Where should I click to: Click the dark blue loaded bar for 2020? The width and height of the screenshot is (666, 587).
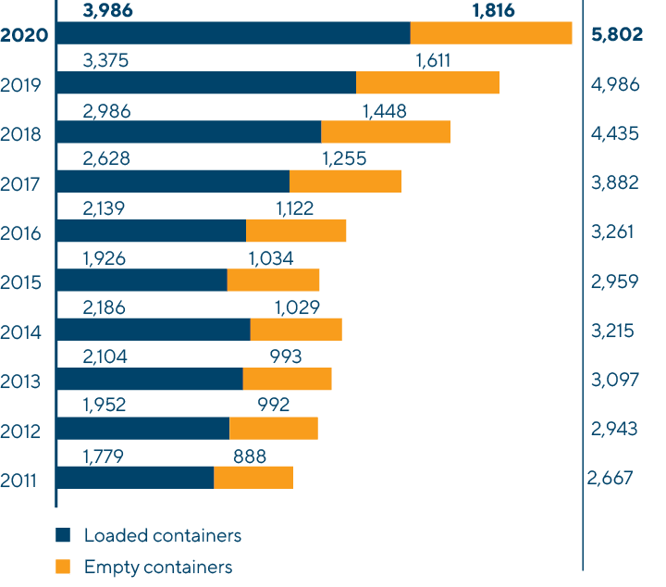click(233, 32)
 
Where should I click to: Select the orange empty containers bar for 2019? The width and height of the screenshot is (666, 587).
click(427, 82)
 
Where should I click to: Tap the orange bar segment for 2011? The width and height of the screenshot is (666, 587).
click(253, 477)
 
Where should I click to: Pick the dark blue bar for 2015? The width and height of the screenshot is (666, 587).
click(142, 280)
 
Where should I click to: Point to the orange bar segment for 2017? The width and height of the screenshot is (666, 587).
click(345, 181)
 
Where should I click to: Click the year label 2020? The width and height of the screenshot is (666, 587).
click(25, 36)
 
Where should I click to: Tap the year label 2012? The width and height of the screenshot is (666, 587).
click(21, 431)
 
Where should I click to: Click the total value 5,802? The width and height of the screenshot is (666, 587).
click(617, 36)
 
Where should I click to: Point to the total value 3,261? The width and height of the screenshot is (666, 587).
click(612, 231)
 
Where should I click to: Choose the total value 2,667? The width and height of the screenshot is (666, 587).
click(610, 478)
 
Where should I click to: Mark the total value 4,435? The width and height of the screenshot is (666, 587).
click(614, 133)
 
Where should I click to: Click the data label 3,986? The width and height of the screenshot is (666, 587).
click(106, 11)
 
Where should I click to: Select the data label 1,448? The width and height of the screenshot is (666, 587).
click(384, 111)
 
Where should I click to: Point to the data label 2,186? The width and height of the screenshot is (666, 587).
click(105, 306)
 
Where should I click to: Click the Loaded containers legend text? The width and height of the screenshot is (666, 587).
click(163, 535)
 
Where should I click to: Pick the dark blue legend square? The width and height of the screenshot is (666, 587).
click(63, 535)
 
